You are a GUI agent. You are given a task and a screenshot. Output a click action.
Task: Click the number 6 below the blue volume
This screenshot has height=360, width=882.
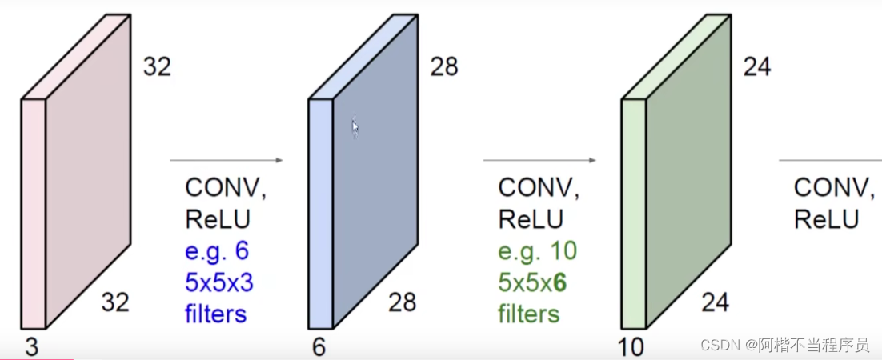pyautogui.click(x=319, y=348)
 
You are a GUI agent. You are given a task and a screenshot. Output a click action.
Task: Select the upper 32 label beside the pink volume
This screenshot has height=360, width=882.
pyautogui.click(x=157, y=66)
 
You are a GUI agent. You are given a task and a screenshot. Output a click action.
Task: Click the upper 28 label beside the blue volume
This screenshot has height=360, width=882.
pyautogui.click(x=443, y=66)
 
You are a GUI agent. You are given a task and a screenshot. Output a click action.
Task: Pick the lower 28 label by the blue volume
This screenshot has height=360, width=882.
pyautogui.click(x=403, y=302)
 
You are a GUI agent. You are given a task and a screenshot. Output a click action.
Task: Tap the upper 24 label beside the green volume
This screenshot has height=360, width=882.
pyautogui.click(x=756, y=66)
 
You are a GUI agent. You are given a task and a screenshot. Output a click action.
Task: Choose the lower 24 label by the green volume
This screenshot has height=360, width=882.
pyautogui.click(x=716, y=302)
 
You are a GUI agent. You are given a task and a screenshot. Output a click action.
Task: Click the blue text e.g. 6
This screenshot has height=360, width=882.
pyautogui.click(x=217, y=251)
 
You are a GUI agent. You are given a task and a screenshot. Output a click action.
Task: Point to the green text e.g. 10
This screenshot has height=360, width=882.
pyautogui.click(x=537, y=251)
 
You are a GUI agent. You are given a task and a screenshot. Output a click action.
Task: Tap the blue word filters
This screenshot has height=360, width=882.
pyautogui.click(x=215, y=314)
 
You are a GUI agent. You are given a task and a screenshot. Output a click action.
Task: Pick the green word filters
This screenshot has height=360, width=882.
pyautogui.click(x=528, y=314)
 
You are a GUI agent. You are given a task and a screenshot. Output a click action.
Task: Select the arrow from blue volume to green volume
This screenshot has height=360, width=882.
pyautogui.click(x=540, y=161)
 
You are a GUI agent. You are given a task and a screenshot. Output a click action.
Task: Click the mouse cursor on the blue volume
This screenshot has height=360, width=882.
pyautogui.click(x=355, y=126)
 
